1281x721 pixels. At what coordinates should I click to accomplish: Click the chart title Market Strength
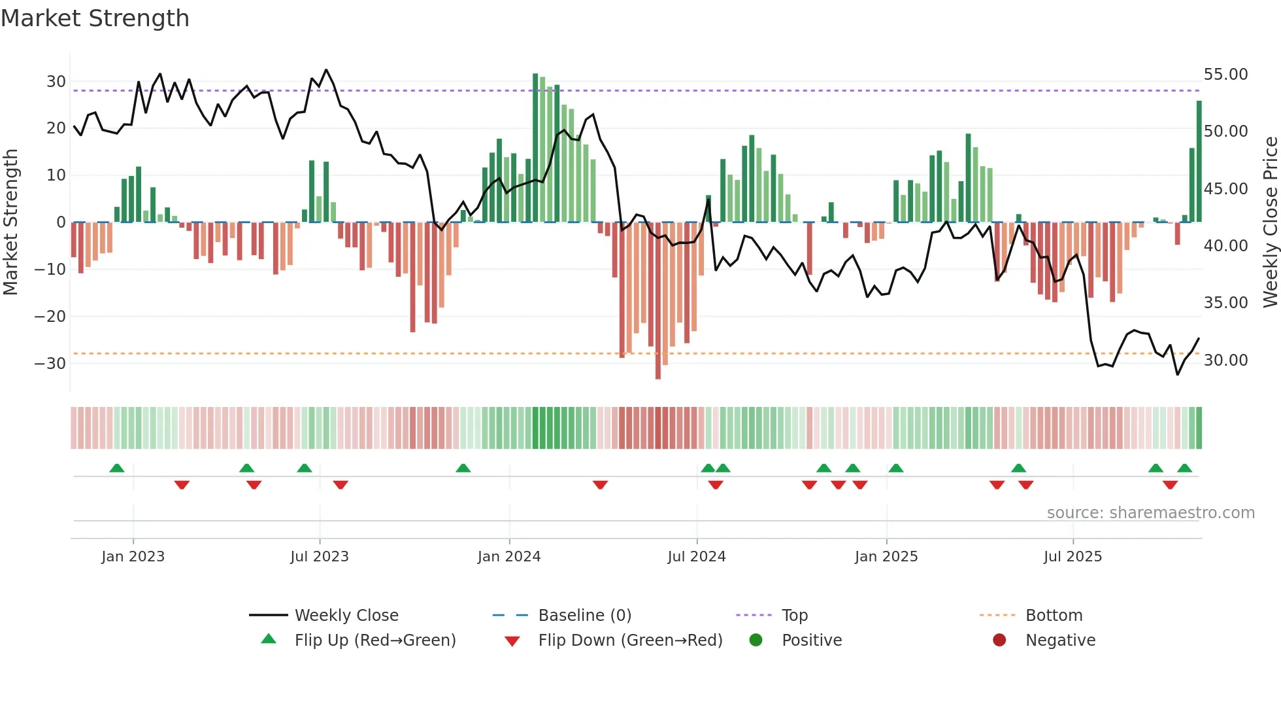pos(95,18)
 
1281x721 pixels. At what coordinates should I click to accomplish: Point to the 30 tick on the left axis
pos(56,82)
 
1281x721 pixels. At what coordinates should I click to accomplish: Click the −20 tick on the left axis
pos(50,317)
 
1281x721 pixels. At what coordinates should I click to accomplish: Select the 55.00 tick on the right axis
pos(1225,75)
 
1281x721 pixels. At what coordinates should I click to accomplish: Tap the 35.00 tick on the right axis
pos(1225,303)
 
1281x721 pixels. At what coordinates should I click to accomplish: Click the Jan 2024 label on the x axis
pos(509,557)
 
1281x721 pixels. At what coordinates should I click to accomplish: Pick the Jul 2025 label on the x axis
pos(1073,557)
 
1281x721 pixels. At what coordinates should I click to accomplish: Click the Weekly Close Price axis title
pos(1270,222)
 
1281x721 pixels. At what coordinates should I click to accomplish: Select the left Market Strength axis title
pos(10,222)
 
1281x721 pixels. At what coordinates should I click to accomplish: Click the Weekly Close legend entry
pos(346,616)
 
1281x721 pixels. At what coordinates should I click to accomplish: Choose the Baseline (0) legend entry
pos(584,616)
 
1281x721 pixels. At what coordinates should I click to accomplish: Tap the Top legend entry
pos(794,616)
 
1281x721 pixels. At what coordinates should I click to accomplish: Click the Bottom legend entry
pos(1054,616)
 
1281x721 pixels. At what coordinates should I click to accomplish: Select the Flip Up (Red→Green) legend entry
pos(374,641)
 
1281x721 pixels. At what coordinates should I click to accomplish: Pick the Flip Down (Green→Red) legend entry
pos(630,641)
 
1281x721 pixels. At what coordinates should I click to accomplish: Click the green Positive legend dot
pos(756,641)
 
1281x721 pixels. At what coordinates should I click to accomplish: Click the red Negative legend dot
pos(999,641)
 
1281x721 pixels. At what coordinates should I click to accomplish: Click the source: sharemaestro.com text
pos(1150,513)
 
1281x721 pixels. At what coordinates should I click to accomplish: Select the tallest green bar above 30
pos(535,148)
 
